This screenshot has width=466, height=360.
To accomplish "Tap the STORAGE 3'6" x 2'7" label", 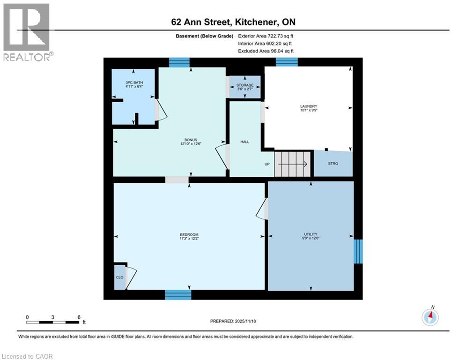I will click(244, 87).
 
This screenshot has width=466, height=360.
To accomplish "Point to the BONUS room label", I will click(191, 142).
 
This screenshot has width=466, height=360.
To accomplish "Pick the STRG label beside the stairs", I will click(333, 164).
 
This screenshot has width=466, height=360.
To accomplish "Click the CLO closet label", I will click(119, 277).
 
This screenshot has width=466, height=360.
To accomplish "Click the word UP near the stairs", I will click(267, 164).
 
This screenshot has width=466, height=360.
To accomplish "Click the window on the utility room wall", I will click(358, 252).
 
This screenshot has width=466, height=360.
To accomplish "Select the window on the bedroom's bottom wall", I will click(178, 295).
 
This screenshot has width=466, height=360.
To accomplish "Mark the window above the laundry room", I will click(287, 62).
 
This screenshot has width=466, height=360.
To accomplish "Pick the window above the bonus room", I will click(179, 62).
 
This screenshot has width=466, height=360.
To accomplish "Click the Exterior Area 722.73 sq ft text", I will click(266, 36).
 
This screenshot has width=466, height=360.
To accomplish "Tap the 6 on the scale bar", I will click(79, 317).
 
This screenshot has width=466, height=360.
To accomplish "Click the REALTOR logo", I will click(27, 32).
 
